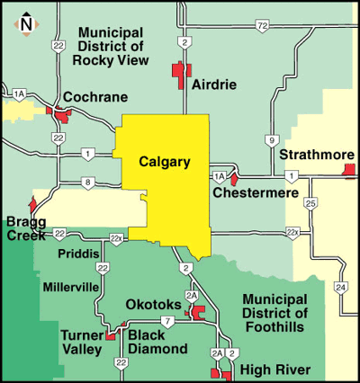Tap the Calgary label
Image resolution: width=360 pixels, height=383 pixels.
[x=165, y=163]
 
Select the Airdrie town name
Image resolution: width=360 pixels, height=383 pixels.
[x=214, y=85]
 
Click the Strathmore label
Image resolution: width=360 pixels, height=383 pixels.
[x=316, y=156]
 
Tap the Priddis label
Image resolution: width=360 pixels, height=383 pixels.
[x=74, y=254]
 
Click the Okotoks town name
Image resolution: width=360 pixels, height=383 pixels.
[x=153, y=305]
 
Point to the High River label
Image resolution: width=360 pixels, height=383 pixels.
[x=275, y=370]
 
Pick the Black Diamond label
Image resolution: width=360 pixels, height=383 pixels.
[x=158, y=342]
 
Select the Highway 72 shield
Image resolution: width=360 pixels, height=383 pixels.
[x=262, y=28]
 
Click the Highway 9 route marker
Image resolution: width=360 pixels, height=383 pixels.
[x=271, y=140]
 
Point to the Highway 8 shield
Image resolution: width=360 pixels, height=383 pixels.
[x=87, y=183]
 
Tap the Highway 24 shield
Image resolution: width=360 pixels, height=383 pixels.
[x=340, y=287]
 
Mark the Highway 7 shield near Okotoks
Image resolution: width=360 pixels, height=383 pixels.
[x=167, y=321]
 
